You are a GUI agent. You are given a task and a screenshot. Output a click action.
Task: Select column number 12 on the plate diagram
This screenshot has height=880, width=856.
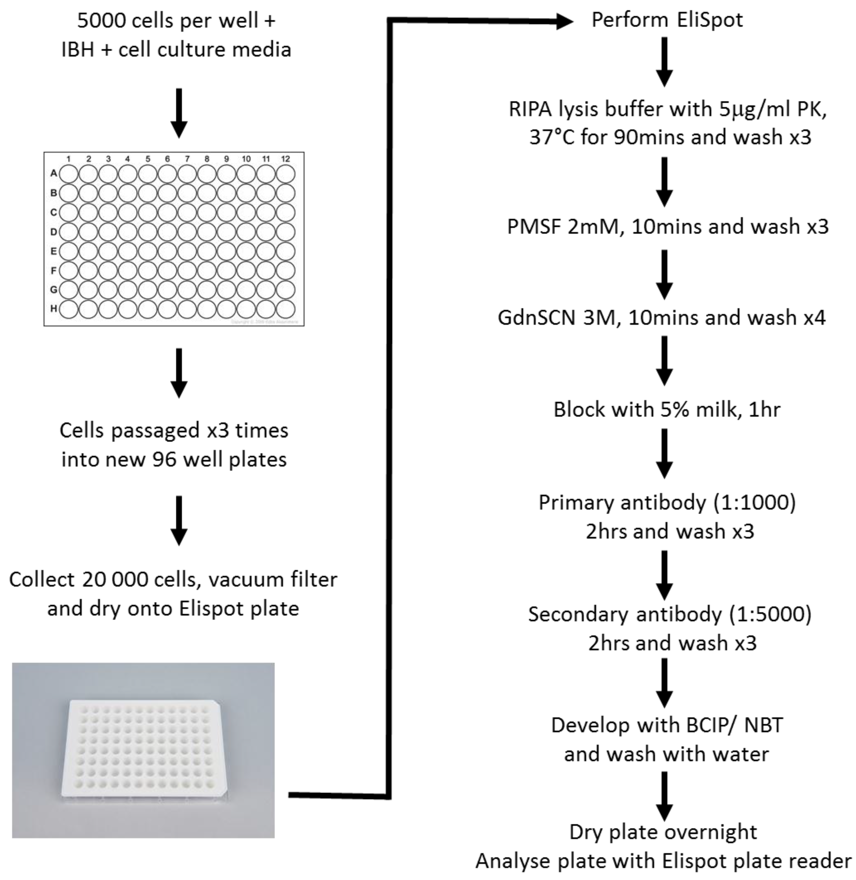point(285,159)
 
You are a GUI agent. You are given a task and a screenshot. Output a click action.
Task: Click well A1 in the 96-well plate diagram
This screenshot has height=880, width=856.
point(69,173)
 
